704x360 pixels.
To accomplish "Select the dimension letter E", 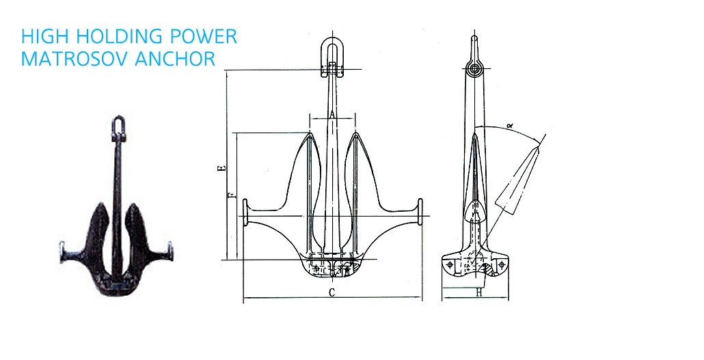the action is (221, 168).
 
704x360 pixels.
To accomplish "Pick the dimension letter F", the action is (232, 195).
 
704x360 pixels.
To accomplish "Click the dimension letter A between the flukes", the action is (331, 115).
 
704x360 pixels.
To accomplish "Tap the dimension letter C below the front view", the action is (331, 292).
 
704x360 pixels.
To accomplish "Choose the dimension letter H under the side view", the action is (479, 292).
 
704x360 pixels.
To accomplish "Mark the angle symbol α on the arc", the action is (510, 126).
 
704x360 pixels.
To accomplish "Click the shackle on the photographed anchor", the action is (118, 127).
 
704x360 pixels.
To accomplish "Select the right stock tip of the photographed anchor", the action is (170, 251).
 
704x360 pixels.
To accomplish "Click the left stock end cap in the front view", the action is (245, 212).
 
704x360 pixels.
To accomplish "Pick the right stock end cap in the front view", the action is (420, 212).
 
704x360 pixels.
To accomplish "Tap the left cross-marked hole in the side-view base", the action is (450, 265).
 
